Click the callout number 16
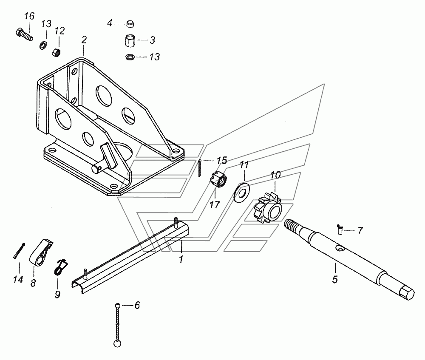(29, 16)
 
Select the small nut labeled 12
(56, 52)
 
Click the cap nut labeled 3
(130, 41)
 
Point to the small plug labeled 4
(130, 24)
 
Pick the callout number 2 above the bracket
(84, 40)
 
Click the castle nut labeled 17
(218, 180)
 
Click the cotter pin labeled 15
(199, 168)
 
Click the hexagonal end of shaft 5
(407, 293)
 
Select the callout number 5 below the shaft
(335, 279)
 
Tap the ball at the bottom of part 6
(117, 343)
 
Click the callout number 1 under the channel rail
(181, 259)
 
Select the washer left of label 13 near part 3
(130, 57)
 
